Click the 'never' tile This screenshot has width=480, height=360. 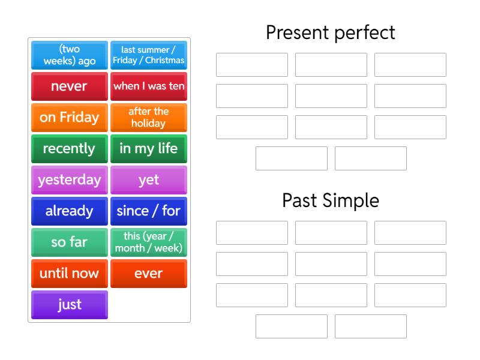(x=70, y=86)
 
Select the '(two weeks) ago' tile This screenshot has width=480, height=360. (x=70, y=55)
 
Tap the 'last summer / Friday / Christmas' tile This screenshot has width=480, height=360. (x=149, y=55)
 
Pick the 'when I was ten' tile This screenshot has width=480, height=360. (x=149, y=86)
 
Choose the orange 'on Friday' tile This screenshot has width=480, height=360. (x=70, y=118)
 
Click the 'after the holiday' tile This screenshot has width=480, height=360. (x=149, y=118)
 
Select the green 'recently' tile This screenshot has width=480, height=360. (x=70, y=149)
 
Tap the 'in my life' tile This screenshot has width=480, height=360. (x=149, y=149)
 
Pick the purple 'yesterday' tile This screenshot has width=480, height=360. (x=70, y=180)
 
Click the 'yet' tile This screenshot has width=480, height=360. (x=149, y=180)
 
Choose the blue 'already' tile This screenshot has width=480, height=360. (x=70, y=211)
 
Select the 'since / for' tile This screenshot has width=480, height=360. (x=149, y=211)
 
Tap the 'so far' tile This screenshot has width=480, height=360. (x=70, y=242)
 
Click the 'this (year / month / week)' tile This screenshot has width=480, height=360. (x=149, y=242)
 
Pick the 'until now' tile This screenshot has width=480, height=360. (x=70, y=274)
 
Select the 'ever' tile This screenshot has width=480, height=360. (x=149, y=274)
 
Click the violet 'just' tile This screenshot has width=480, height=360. (x=70, y=305)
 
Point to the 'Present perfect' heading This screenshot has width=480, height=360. (x=331, y=32)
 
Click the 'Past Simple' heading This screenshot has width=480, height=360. (x=331, y=200)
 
